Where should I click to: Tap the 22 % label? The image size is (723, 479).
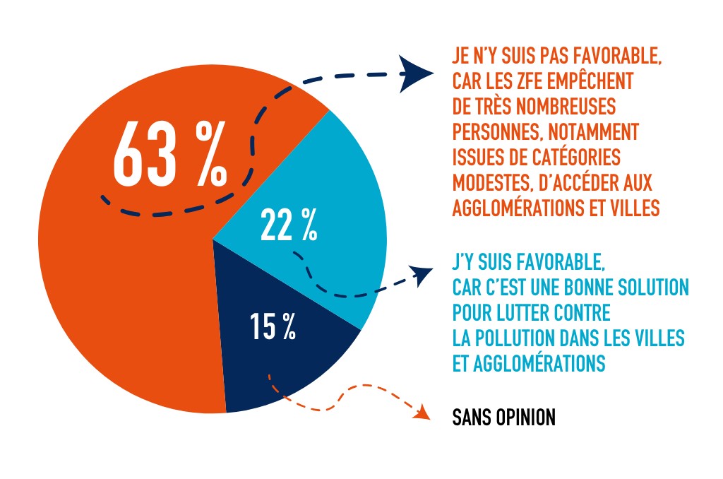pos(289,224)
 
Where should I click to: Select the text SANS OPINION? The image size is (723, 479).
pos(503,417)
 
